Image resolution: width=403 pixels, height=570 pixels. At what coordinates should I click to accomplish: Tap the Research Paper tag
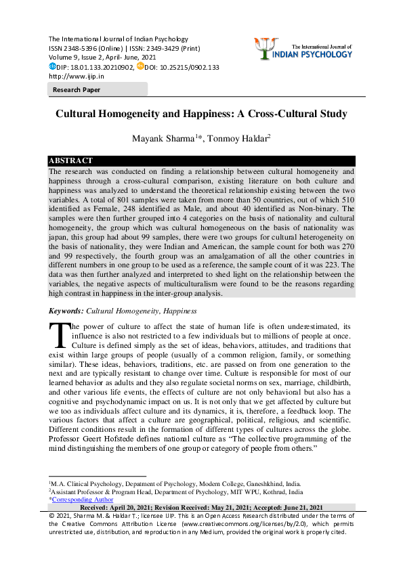point(76,89)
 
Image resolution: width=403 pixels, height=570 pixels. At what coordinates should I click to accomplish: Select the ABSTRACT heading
point(70,160)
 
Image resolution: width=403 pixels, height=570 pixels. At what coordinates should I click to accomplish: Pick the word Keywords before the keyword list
point(66,311)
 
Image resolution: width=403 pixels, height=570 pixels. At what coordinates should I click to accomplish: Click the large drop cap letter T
point(60,335)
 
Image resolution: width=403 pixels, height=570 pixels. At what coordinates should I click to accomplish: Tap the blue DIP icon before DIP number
point(52,66)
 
